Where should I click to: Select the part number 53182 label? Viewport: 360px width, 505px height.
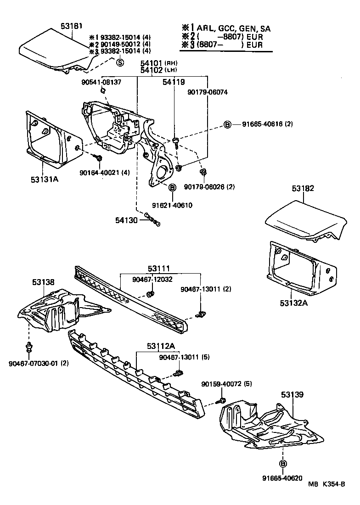[x=302, y=189]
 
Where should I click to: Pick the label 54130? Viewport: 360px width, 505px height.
[x=126, y=220]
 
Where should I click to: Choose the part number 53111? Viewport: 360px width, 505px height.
[x=159, y=268]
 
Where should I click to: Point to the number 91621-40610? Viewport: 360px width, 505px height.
[x=172, y=205]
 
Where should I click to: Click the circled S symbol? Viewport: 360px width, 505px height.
[x=119, y=62]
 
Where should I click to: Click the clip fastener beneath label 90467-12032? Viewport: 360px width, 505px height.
[x=150, y=294]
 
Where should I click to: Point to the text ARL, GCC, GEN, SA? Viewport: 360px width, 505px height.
[x=234, y=28]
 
